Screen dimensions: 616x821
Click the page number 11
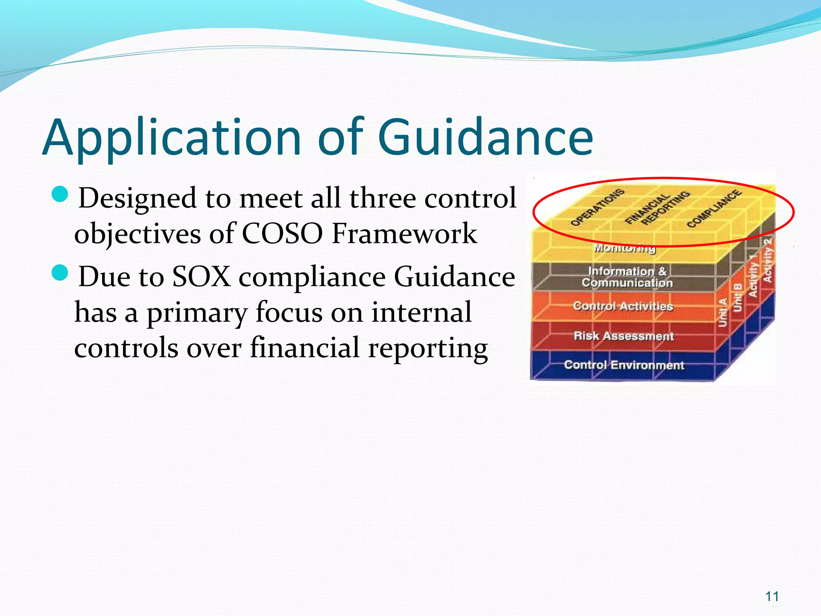pyautogui.click(x=772, y=596)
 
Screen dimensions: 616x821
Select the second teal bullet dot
pyautogui.click(x=61, y=273)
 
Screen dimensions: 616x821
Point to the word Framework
pyautogui.click(x=404, y=233)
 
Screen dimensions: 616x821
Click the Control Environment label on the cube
pyautogui.click(x=624, y=365)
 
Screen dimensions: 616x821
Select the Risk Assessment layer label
pyautogui.click(x=624, y=336)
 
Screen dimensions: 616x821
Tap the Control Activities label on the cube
pyautogui.click(x=623, y=306)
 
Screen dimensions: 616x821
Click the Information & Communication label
pyautogui.click(x=627, y=277)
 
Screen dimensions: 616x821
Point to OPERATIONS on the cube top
pyautogui.click(x=597, y=207)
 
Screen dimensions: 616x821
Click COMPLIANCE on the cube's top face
pyautogui.click(x=714, y=209)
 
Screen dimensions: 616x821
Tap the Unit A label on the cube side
pyautogui.click(x=723, y=312)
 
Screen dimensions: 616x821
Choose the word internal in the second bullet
pyautogui.click(x=421, y=312)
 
